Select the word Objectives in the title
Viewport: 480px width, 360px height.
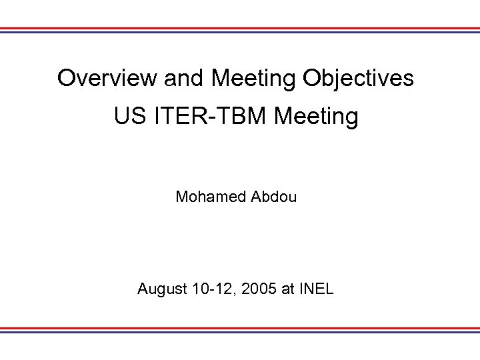tap(358, 79)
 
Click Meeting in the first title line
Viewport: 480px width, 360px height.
tap(254, 79)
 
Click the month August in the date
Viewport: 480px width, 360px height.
tap(160, 289)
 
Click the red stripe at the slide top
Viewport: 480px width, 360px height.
tap(240, 29)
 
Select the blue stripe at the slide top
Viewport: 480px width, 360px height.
tap(240, 32)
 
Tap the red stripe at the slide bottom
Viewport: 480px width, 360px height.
tap(240, 328)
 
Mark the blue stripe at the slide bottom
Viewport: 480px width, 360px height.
tap(240, 331)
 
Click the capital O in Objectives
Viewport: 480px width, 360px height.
tap(311, 79)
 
